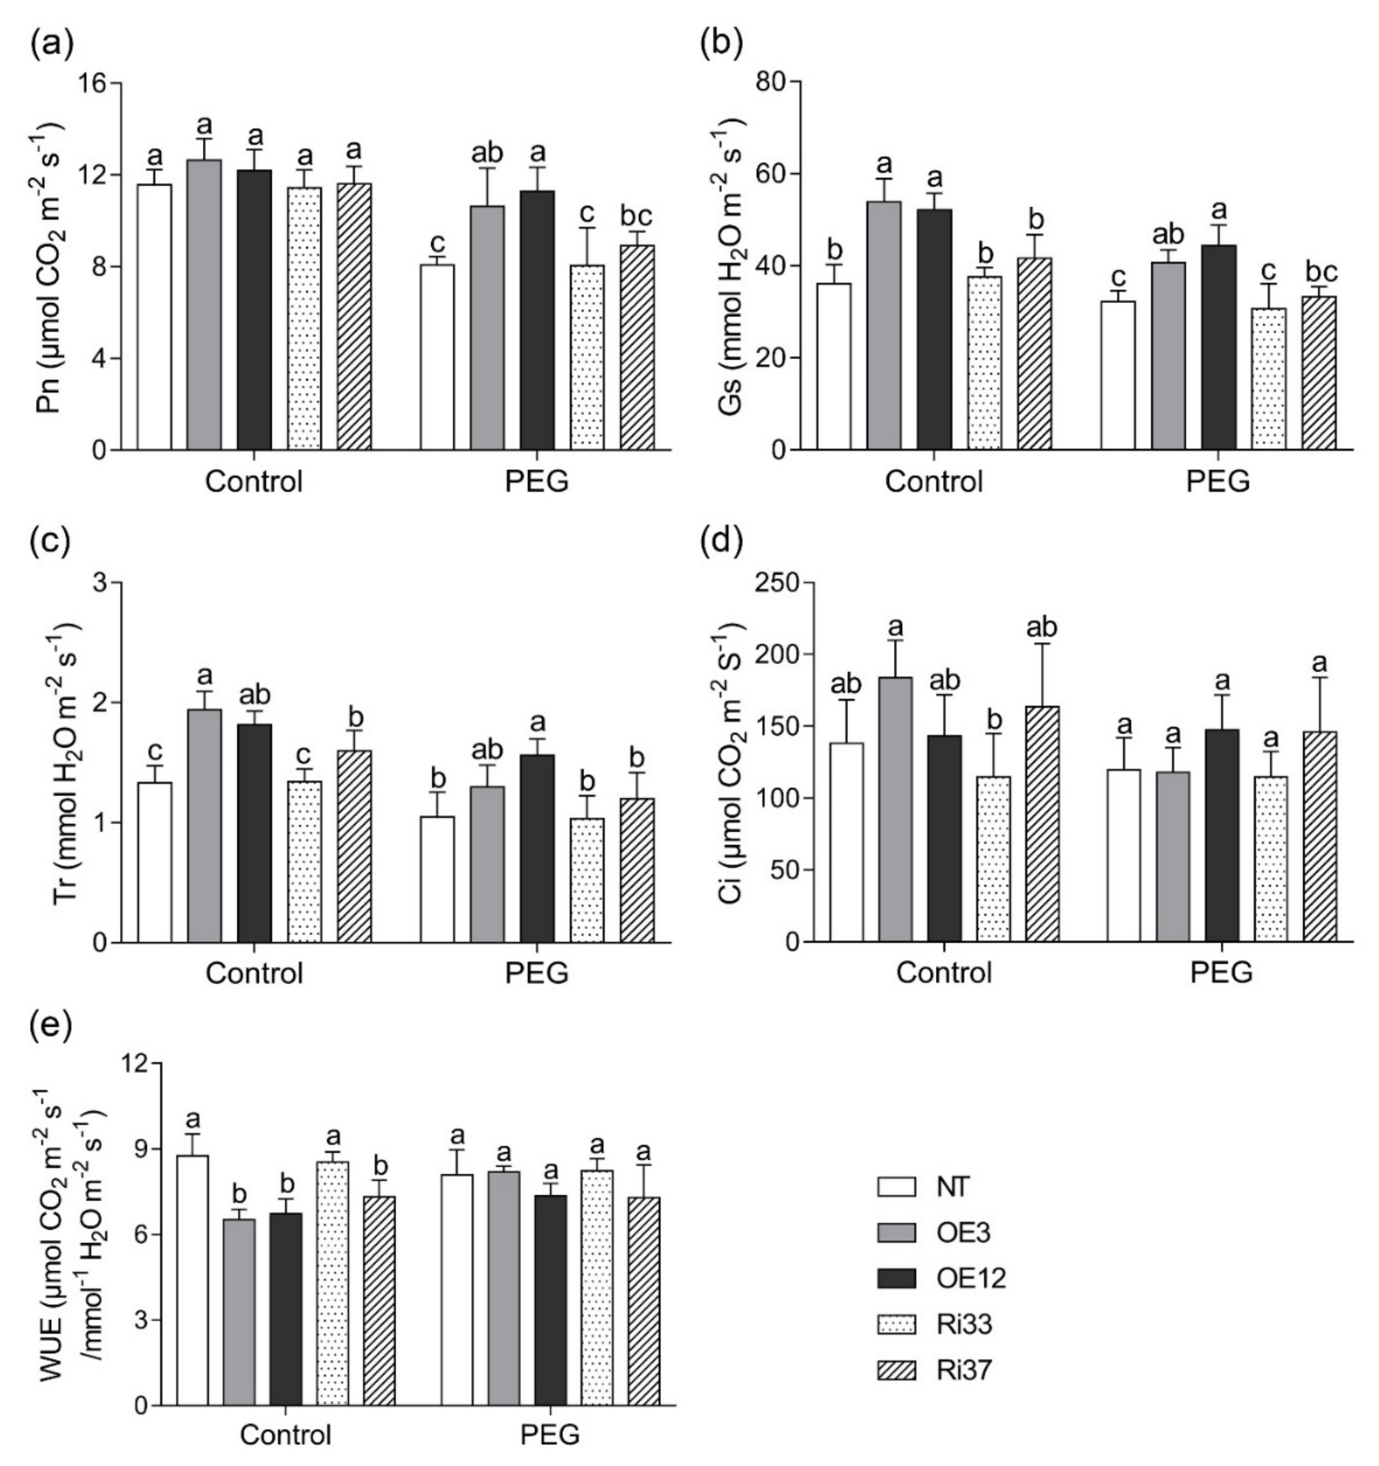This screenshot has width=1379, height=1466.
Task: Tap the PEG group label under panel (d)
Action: tap(1221, 973)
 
